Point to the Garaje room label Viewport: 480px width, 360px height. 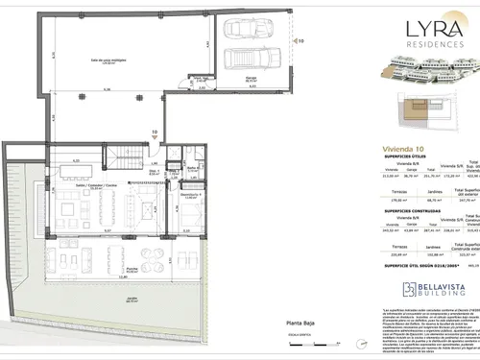(x=237, y=80)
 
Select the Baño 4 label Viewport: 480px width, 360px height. (x=192, y=169)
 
